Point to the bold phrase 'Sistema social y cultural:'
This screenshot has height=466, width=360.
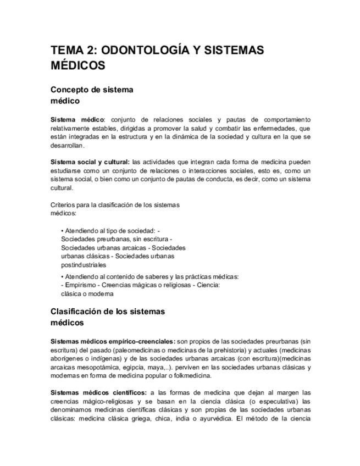[x=90, y=162]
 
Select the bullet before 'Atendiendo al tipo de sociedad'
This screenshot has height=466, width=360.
[x=63, y=231]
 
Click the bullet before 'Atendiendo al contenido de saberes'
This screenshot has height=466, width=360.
[x=63, y=276]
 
